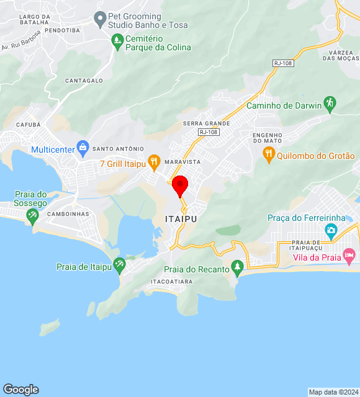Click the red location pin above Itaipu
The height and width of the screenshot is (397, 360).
click(x=180, y=185)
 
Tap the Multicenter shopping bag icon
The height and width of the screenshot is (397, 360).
click(x=83, y=148)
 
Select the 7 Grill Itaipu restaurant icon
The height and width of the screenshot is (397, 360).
click(x=154, y=163)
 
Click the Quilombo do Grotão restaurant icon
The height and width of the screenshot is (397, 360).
click(x=268, y=154)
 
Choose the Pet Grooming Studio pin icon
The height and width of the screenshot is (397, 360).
click(x=99, y=19)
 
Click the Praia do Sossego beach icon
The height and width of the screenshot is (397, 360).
click(x=32, y=215)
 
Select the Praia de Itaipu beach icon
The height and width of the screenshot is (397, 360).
click(x=119, y=265)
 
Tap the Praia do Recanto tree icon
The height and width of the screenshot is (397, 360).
click(x=236, y=267)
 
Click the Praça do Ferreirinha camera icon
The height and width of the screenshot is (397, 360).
click(x=331, y=230)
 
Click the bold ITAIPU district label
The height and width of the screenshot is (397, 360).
click(x=181, y=218)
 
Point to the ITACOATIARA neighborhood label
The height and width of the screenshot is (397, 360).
click(x=172, y=281)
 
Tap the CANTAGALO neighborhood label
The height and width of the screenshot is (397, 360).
click(x=84, y=81)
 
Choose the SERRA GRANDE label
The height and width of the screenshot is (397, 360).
click(x=206, y=123)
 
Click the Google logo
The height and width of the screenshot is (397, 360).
click(x=20, y=389)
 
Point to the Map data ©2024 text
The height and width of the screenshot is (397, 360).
click(x=333, y=392)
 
